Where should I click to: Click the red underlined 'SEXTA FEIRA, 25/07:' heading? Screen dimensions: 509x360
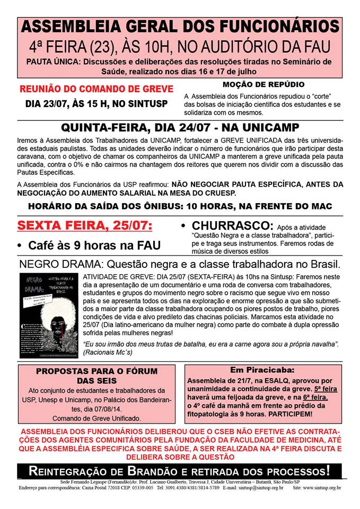pos(85,226)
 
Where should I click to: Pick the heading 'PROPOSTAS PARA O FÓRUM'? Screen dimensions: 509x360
pos(93,372)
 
